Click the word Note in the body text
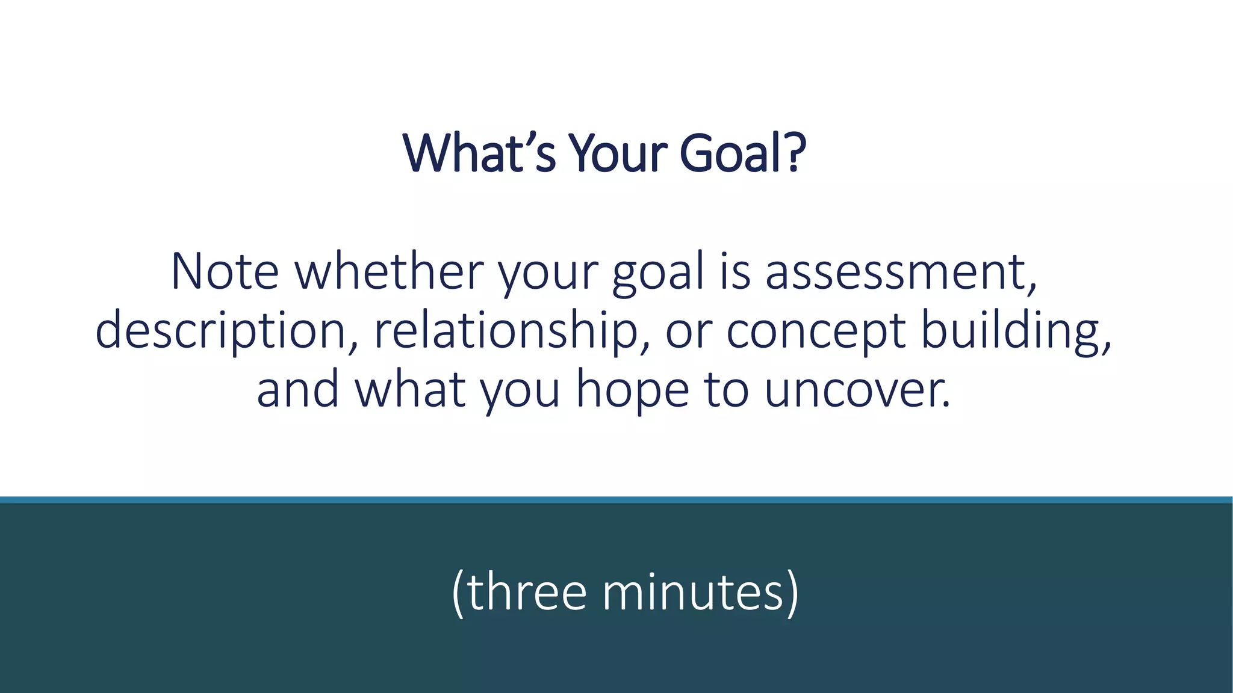point(225,272)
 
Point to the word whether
point(389,272)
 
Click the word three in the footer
point(526,592)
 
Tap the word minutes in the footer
point(692,592)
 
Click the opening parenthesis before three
point(458,593)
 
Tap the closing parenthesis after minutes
point(792,593)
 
